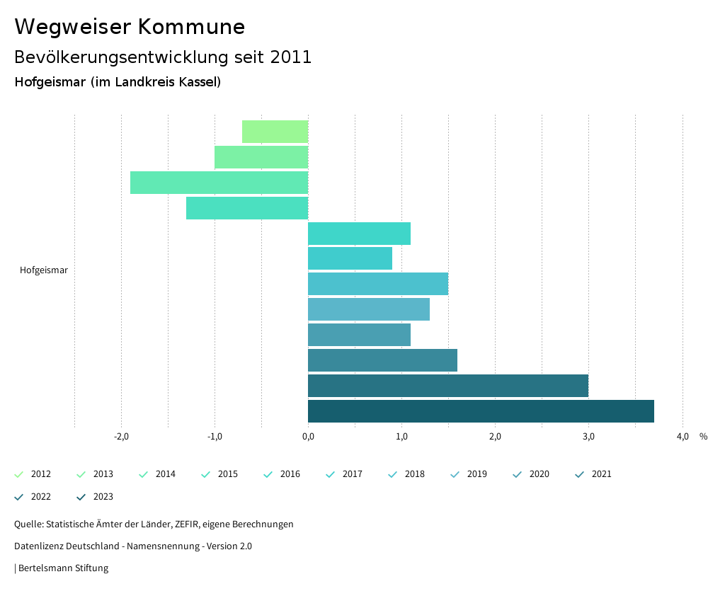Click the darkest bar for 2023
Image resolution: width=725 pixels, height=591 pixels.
point(481,411)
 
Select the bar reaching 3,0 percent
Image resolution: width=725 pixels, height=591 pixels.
point(447,386)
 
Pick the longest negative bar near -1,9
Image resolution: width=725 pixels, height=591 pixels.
point(219,183)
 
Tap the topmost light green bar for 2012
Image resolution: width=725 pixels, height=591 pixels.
point(275,132)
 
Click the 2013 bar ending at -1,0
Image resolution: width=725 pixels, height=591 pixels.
point(261,157)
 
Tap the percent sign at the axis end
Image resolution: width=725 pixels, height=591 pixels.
point(703,437)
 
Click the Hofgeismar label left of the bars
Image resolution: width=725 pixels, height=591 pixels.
point(44,270)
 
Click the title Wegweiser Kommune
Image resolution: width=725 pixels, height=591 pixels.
point(130,27)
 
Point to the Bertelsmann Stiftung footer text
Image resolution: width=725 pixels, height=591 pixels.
point(63,568)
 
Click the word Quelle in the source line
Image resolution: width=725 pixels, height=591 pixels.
point(28,524)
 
